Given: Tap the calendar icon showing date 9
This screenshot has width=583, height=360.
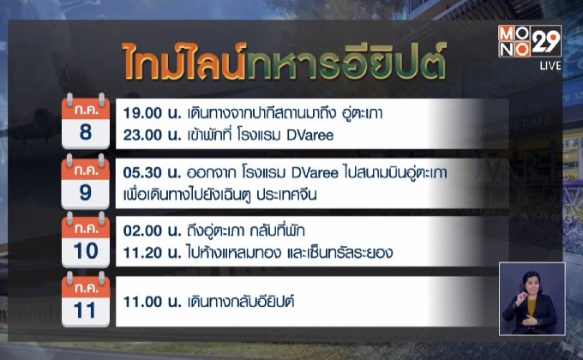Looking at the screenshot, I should (x=85, y=181).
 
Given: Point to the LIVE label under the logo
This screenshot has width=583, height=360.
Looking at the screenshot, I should (x=550, y=65).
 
